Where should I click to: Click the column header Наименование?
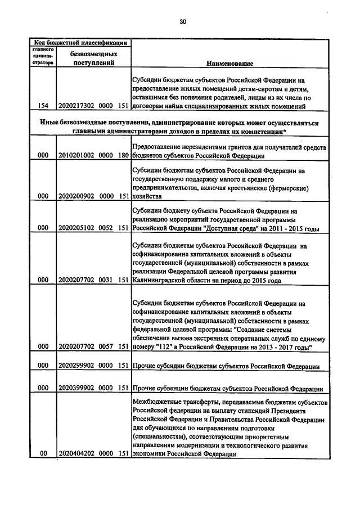pos(229,63)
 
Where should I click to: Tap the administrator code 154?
pos(42,106)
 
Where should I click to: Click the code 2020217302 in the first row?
pos(78,106)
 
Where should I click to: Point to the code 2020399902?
pos(78,389)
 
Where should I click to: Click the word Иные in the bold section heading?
pos(52,123)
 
